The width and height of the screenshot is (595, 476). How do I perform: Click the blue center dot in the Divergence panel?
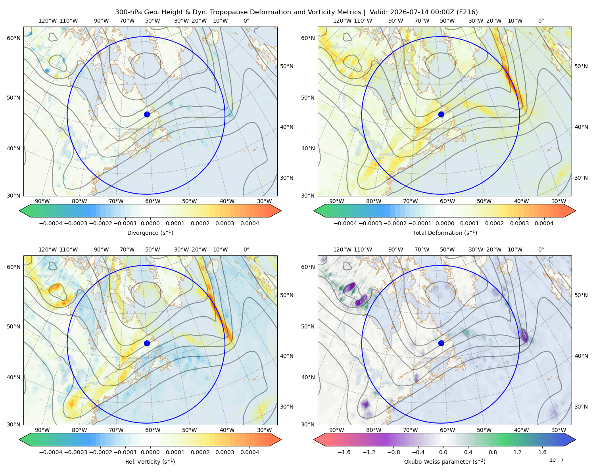click(x=147, y=114)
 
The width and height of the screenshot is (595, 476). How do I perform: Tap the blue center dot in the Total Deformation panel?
click(x=441, y=114)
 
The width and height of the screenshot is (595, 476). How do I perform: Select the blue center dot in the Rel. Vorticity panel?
click(x=147, y=343)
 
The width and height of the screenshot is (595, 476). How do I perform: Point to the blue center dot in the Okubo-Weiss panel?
click(x=441, y=343)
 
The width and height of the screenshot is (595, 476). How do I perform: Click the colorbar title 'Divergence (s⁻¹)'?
click(x=150, y=232)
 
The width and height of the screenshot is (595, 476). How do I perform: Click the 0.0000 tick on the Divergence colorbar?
click(x=150, y=223)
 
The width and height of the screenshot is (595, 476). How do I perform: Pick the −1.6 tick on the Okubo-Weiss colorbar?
click(x=344, y=452)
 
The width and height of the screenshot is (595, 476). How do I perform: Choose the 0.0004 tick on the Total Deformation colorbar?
click(x=544, y=223)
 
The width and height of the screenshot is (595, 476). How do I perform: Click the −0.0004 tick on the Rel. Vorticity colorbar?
click(x=51, y=452)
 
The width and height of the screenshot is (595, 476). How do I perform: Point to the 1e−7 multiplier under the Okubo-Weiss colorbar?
click(x=556, y=460)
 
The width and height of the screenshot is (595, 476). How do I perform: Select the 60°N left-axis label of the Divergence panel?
click(x=13, y=38)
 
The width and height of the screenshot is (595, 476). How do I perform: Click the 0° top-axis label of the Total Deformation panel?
click(x=541, y=21)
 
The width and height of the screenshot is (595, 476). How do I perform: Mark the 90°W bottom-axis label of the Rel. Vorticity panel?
click(x=42, y=430)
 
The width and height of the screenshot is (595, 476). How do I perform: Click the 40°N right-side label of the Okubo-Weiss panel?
click(x=581, y=356)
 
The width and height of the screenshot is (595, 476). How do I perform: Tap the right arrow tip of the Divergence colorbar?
click(x=281, y=211)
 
